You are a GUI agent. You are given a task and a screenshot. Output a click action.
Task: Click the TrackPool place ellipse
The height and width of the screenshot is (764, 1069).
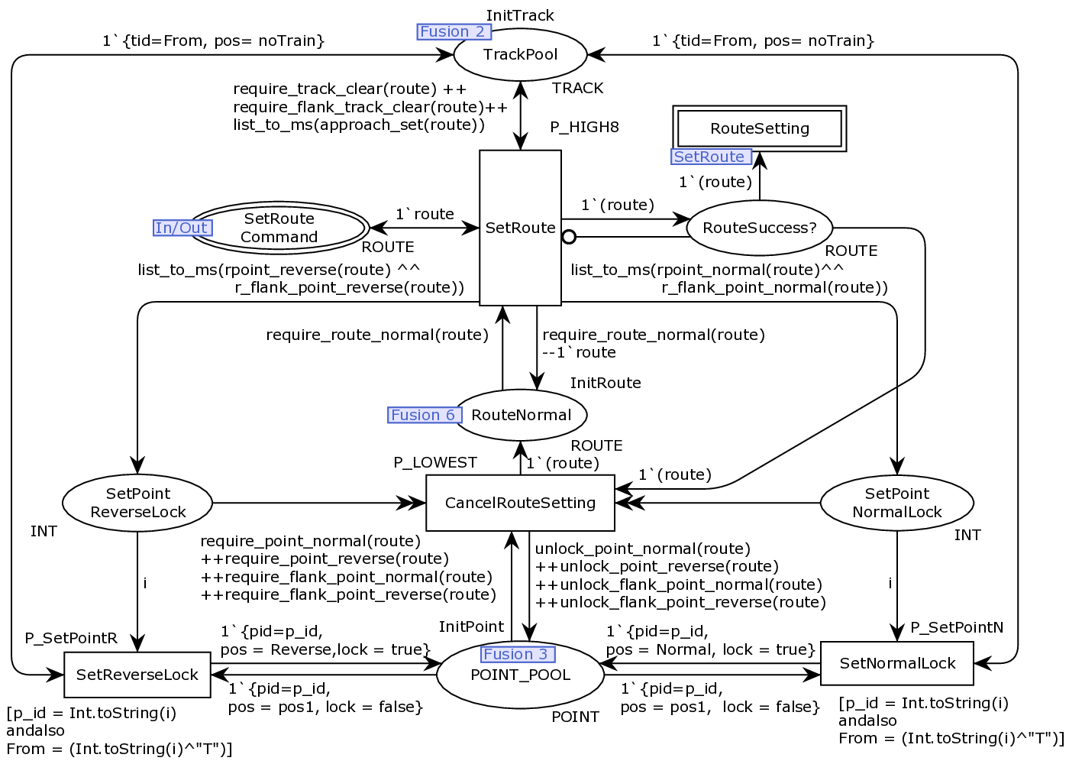(x=520, y=54)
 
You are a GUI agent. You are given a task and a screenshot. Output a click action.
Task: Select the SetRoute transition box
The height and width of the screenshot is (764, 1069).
(x=520, y=228)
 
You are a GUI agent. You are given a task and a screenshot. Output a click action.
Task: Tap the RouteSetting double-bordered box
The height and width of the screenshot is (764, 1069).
(x=759, y=128)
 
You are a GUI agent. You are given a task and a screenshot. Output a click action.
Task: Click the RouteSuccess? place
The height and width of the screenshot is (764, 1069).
(x=759, y=228)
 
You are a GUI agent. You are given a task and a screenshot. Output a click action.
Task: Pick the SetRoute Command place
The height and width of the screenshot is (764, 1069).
(x=279, y=228)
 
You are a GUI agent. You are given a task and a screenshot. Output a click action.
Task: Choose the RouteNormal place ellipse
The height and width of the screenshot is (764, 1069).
(x=521, y=415)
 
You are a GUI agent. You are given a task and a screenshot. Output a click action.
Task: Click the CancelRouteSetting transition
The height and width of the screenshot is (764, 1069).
(x=520, y=503)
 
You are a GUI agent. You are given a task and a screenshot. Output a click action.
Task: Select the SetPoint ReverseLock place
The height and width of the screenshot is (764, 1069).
(x=137, y=503)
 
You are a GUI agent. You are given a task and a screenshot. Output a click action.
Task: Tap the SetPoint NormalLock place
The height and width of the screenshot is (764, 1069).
(x=896, y=503)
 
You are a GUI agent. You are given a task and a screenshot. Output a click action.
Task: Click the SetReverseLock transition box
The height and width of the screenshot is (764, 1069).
(x=137, y=675)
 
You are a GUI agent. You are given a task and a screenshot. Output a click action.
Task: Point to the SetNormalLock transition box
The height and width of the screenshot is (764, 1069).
(x=896, y=663)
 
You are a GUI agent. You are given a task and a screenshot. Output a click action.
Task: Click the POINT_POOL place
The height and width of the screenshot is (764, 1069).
(x=520, y=675)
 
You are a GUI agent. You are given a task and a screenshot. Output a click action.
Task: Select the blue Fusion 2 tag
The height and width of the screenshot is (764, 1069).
(x=454, y=31)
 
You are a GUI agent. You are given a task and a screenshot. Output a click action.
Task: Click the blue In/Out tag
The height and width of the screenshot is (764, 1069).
(x=182, y=228)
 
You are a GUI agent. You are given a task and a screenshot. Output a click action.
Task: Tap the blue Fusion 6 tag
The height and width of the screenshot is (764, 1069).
(x=425, y=415)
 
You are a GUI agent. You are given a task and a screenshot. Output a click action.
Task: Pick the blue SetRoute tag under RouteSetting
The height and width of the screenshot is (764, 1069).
(x=711, y=157)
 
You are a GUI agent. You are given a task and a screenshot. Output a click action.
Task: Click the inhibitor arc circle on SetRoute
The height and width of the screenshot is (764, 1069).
(x=569, y=237)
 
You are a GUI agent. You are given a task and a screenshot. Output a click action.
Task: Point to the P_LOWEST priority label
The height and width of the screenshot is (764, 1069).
(x=435, y=462)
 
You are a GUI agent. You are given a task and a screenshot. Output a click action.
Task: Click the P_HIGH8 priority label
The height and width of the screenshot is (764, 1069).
(x=585, y=127)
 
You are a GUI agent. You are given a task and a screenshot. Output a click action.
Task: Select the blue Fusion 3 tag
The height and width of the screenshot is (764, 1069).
(x=518, y=654)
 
